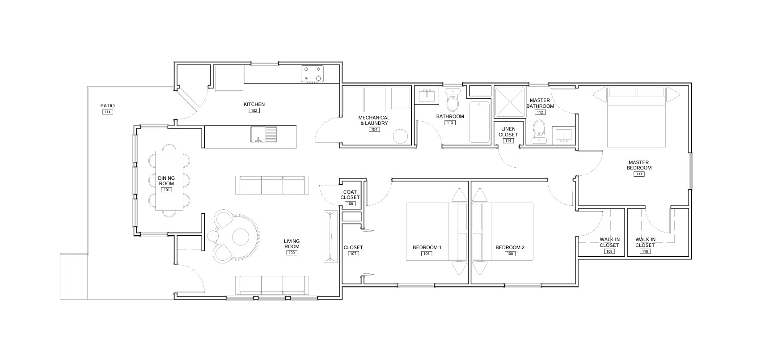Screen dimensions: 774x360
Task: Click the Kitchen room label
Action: tap(254, 104)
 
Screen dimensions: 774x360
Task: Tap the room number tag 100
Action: tap(292, 253)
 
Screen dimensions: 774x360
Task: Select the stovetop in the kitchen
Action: tap(313, 74)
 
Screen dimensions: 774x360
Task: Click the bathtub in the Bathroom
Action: tap(479, 122)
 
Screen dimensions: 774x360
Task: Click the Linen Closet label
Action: tap(508, 132)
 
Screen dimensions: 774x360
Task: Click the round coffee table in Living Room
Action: tap(241, 237)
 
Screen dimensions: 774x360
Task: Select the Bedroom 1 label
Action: tap(427, 247)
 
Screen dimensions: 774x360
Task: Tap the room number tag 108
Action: tap(510, 254)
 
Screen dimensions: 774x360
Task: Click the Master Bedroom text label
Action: tap(639, 165)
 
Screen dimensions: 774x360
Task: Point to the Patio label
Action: tap(107, 106)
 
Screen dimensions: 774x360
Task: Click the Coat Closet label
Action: tap(350, 195)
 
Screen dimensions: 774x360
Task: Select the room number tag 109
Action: tap(609, 251)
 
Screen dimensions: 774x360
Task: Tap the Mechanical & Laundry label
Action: tap(374, 121)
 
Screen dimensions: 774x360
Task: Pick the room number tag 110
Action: tap(645, 251)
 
